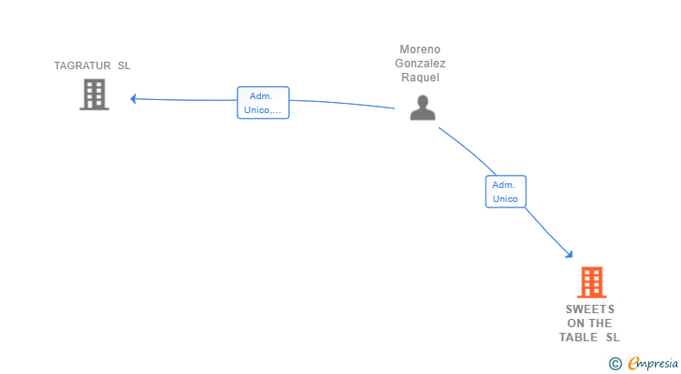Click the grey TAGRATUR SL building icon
click(x=94, y=94)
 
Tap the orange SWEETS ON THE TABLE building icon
click(x=591, y=281)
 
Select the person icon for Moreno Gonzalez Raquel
click(x=423, y=108)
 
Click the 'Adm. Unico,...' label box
click(x=263, y=103)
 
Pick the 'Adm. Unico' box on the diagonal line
click(x=505, y=192)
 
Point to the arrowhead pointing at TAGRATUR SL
click(x=134, y=98)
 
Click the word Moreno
click(x=420, y=50)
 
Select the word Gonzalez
click(x=420, y=64)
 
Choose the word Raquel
click(x=420, y=78)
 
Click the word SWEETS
click(x=589, y=309)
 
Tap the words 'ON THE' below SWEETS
click(x=589, y=324)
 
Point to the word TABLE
click(x=579, y=338)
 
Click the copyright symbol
click(x=615, y=363)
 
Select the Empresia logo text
click(x=648, y=363)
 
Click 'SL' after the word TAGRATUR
click(x=124, y=65)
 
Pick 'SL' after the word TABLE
click(x=613, y=338)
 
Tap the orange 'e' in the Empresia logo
click(x=633, y=363)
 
